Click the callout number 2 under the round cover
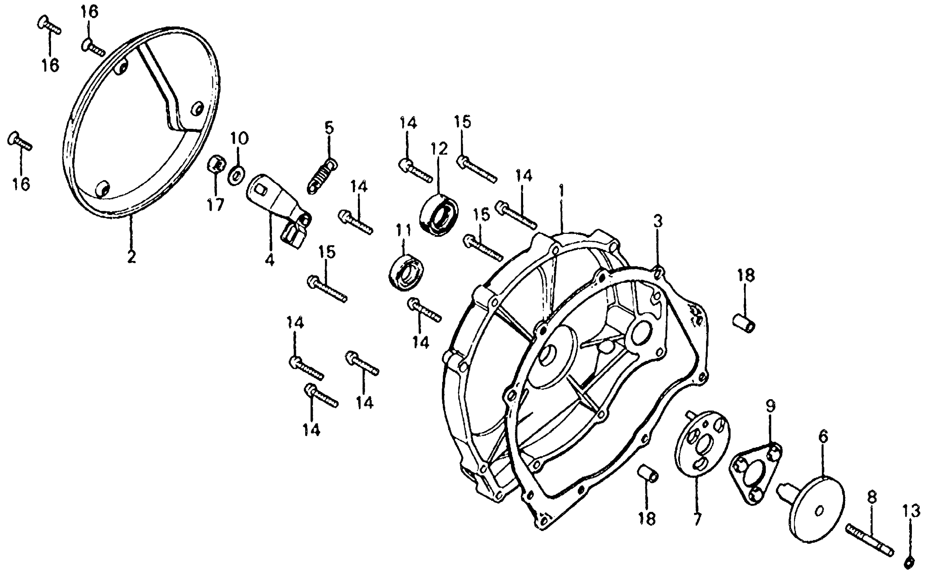[x=131, y=257]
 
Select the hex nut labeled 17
[x=216, y=165]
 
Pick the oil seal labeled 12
[x=439, y=216]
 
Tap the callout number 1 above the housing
[x=561, y=191]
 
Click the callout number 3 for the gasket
[x=658, y=222]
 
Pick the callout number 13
[x=911, y=511]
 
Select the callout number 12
[x=439, y=149]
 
